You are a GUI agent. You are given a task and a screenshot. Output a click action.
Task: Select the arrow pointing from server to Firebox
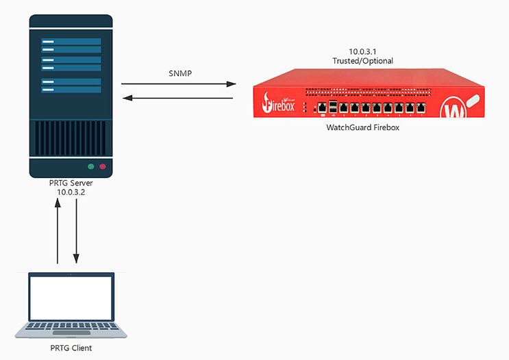[x=178, y=84]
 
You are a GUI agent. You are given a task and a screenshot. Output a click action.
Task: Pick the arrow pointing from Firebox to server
[x=178, y=99]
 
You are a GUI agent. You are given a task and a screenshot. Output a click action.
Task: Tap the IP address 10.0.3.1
[x=362, y=52]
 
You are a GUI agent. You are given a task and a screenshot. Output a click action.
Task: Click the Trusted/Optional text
[x=362, y=61]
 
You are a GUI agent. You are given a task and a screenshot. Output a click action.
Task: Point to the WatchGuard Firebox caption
[x=362, y=128]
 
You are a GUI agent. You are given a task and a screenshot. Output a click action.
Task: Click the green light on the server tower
[x=90, y=166]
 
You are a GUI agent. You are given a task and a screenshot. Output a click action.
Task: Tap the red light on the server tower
[x=103, y=166]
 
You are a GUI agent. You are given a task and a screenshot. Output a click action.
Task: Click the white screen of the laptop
[x=71, y=297]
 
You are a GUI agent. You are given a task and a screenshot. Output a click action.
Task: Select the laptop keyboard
[x=71, y=328]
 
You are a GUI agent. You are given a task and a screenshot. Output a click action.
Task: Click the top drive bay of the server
[x=71, y=42]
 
